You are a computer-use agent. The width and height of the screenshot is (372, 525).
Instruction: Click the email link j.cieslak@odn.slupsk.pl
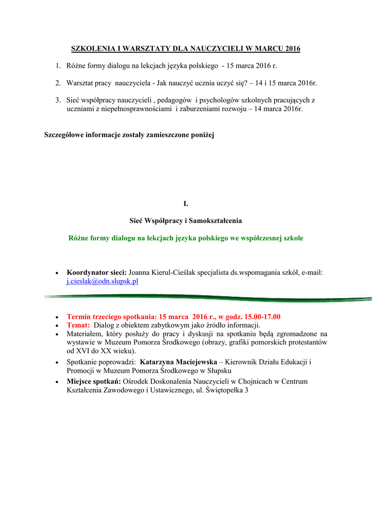pos(103,281)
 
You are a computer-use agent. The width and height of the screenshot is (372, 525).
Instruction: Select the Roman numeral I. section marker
pos(186,204)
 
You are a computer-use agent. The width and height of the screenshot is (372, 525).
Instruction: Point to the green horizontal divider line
pos(205,297)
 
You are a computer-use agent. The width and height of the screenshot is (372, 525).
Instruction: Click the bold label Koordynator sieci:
pos(96,273)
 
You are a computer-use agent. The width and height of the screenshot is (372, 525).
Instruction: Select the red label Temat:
pos(78,325)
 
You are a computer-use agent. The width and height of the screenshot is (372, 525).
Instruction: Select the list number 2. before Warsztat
pos(58,83)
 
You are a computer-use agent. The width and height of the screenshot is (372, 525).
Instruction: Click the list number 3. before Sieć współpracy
pos(58,100)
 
